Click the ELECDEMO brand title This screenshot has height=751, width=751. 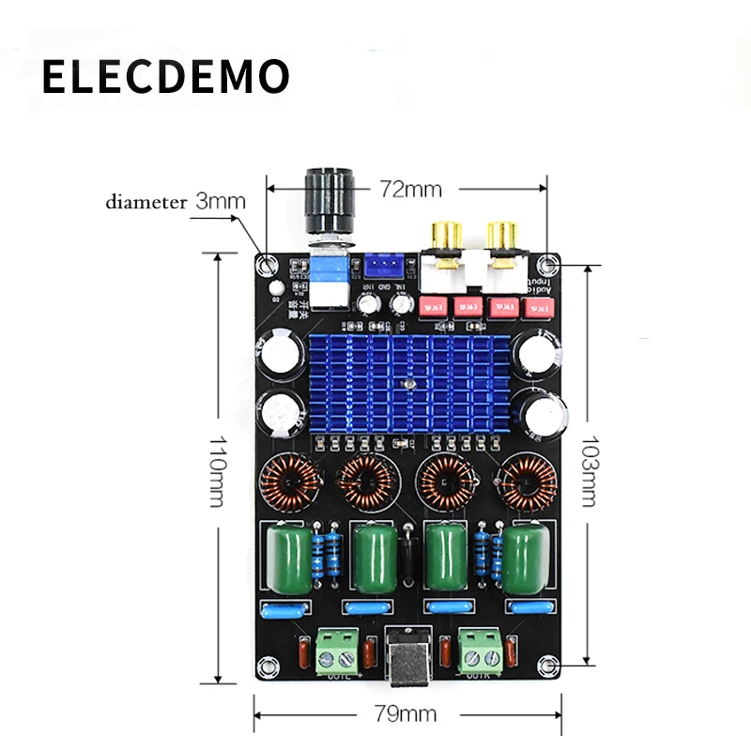[x=164, y=76]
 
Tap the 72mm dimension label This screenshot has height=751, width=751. [x=410, y=188]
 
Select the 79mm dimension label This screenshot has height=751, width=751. [x=406, y=713]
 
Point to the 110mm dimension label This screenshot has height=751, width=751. [x=216, y=470]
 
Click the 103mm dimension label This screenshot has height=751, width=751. [x=589, y=469]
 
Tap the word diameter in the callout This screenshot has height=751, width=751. [x=146, y=201]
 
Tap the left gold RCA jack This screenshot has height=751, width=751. [x=445, y=235]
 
